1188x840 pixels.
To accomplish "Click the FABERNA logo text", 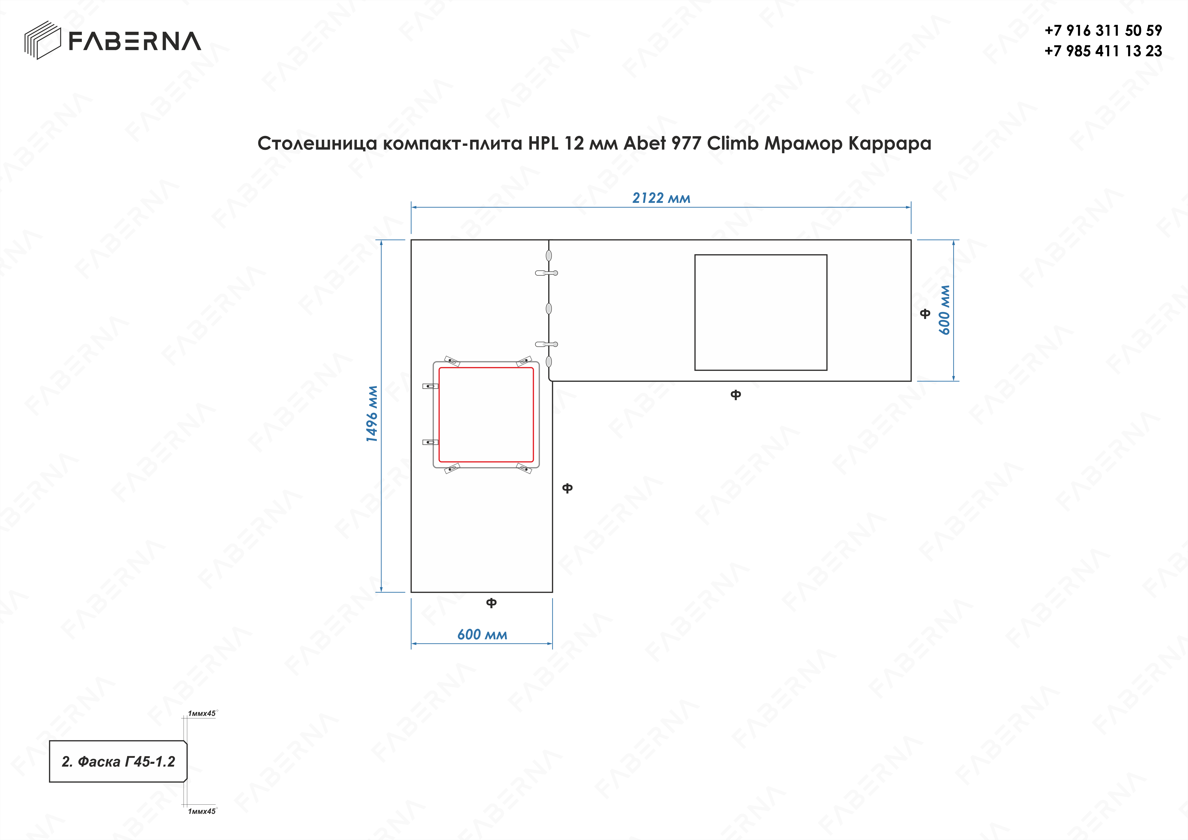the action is (x=134, y=41).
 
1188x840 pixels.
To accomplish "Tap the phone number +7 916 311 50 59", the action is (x=1103, y=31).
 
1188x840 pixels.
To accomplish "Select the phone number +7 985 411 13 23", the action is (x=1103, y=51).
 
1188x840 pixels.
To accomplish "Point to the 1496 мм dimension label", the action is (x=372, y=414).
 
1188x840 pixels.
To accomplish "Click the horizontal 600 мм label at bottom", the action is (x=482, y=635).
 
